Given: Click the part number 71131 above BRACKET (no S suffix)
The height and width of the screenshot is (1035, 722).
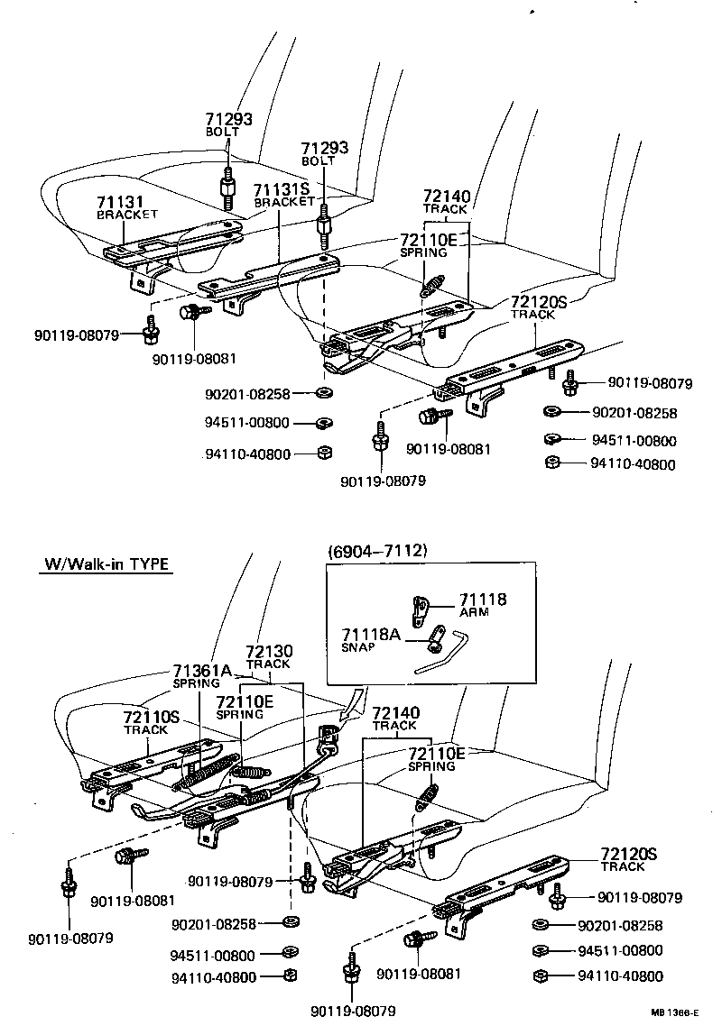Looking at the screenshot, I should click(x=121, y=202).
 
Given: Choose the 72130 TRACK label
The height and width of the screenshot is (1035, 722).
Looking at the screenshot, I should click(x=268, y=651).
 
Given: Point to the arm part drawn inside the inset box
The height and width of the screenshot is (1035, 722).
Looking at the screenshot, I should click(x=420, y=610).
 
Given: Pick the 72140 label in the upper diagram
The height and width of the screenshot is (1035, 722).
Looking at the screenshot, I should click(x=446, y=197).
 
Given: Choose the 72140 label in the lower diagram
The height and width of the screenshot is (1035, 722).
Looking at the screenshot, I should click(x=394, y=713).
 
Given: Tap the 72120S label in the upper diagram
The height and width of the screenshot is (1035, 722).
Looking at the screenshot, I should click(x=538, y=302).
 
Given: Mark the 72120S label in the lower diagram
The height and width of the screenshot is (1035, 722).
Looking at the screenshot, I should click(x=629, y=854).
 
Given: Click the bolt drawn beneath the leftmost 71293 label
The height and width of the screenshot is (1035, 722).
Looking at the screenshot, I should click(x=226, y=187).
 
